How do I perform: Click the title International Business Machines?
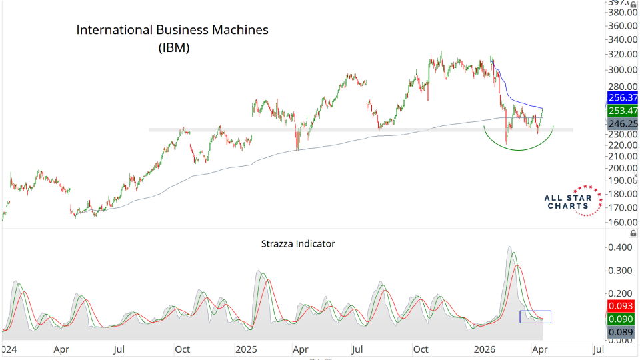(x=172, y=30)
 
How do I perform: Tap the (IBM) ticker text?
(x=174, y=47)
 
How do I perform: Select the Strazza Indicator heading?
(x=298, y=243)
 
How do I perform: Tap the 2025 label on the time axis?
(x=246, y=349)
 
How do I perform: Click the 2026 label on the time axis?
(x=484, y=349)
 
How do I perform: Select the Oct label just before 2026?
(x=420, y=349)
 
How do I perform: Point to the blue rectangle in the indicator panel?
(x=535, y=317)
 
